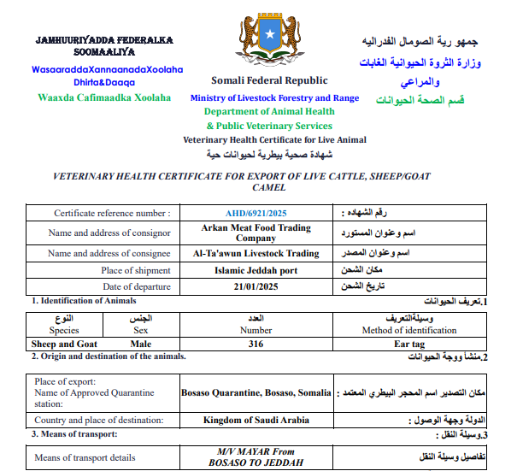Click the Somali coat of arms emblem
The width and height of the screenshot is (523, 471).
pyautogui.click(x=267, y=40)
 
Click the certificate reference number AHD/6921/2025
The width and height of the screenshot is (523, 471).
pyautogui.click(x=256, y=213)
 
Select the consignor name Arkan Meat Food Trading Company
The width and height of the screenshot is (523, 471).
pyautogui.click(x=256, y=233)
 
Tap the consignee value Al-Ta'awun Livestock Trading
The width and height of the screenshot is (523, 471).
pyautogui.click(x=256, y=254)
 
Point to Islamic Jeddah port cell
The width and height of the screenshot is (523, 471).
pyautogui.click(x=256, y=270)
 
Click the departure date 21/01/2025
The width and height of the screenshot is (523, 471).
pyautogui.click(x=256, y=287)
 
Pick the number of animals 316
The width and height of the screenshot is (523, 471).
pyautogui.click(x=256, y=344)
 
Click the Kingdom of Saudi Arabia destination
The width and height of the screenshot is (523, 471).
pyautogui.click(x=256, y=421)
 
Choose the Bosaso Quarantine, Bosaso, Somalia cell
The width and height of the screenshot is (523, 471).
pyautogui.click(x=256, y=393)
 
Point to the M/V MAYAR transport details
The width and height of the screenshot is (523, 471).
pyautogui.click(x=256, y=456)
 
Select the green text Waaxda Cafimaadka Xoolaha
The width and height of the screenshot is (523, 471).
pyautogui.click(x=104, y=97)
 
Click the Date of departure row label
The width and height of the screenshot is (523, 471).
pyautogui.click(x=137, y=287)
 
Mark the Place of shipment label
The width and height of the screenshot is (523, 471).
pyautogui.click(x=136, y=270)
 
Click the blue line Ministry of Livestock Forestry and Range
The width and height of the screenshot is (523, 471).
pyautogui.click(x=274, y=98)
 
